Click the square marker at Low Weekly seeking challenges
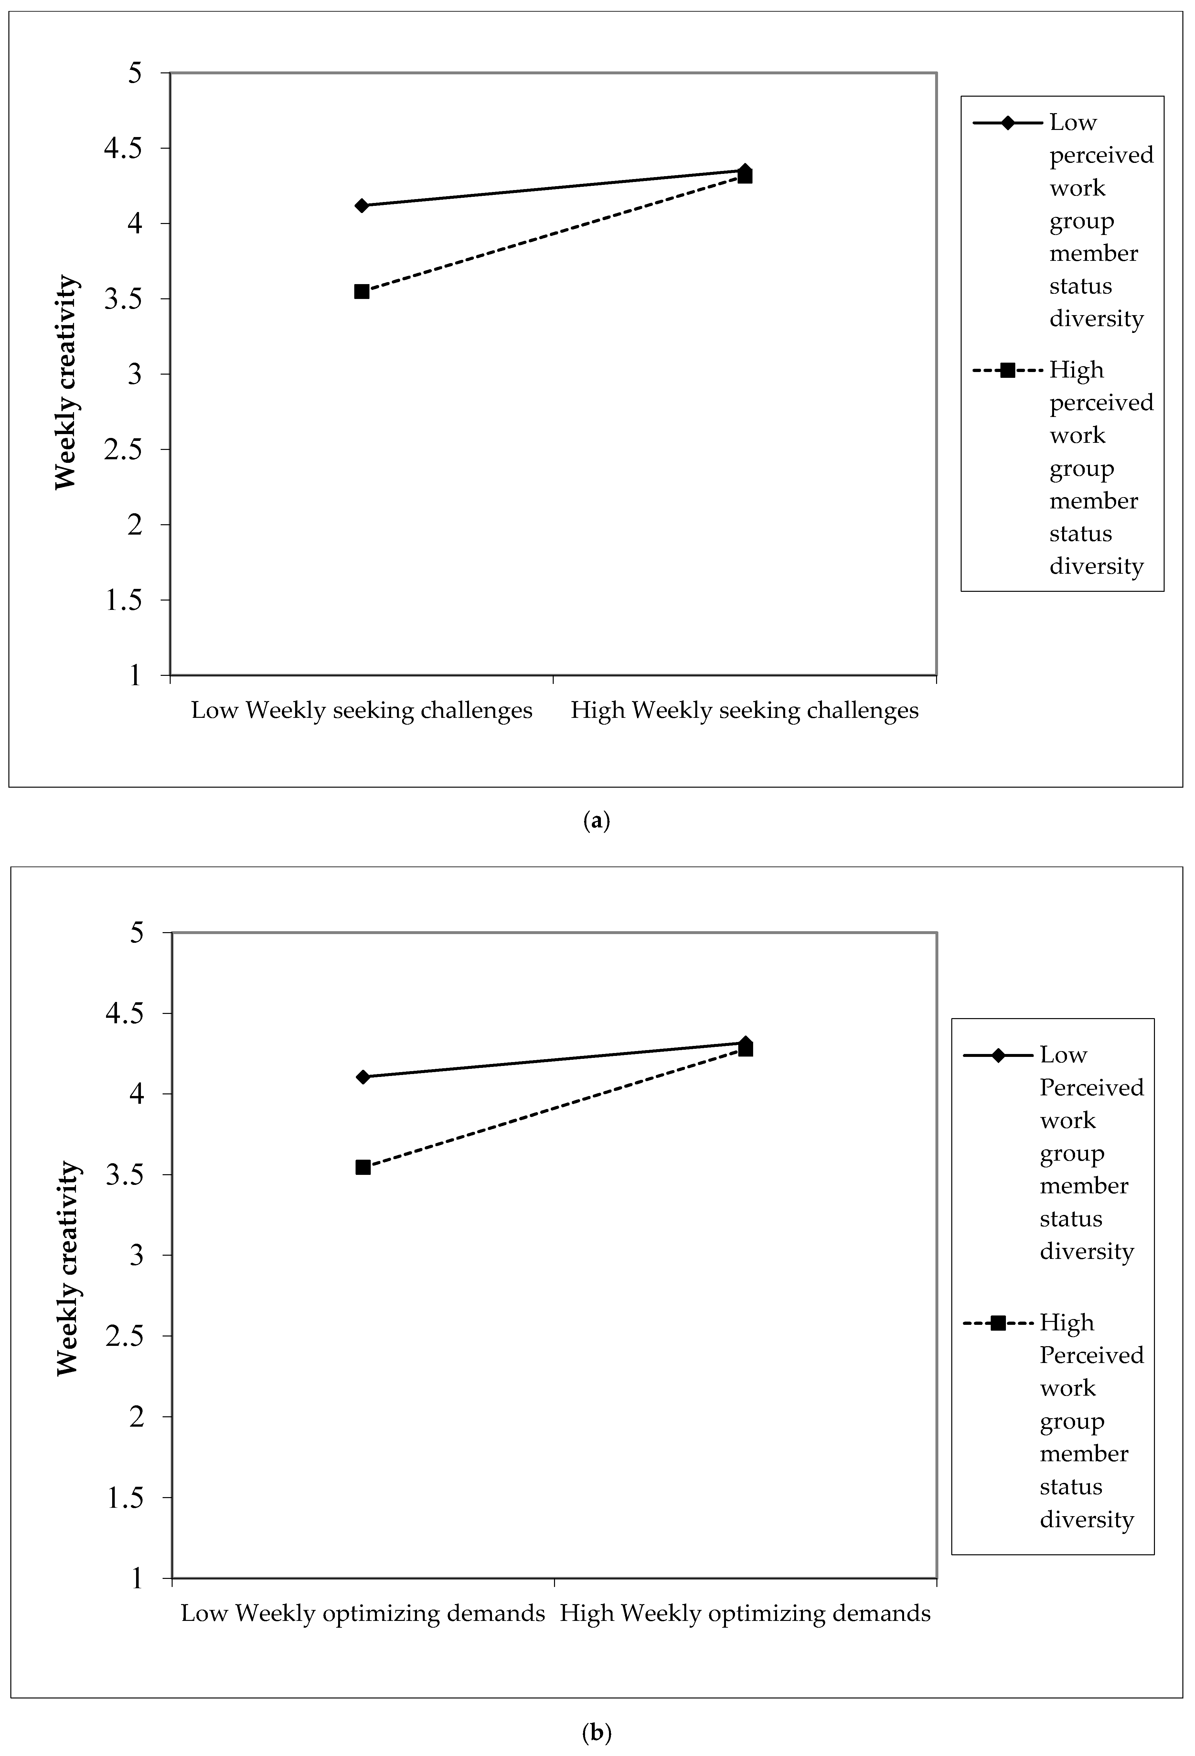[x=362, y=292]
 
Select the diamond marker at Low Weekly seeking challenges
[x=362, y=206]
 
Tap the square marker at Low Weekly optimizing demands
[x=363, y=1167]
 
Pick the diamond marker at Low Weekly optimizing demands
[x=363, y=1077]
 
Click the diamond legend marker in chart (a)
[x=1008, y=122]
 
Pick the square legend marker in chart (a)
[x=1008, y=370]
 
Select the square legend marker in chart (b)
[x=998, y=1323]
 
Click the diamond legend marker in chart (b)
[x=998, y=1055]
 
